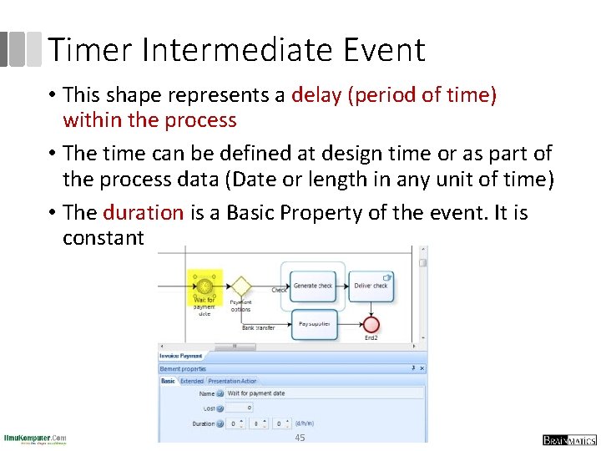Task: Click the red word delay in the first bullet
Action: pyautogui.click(x=316, y=95)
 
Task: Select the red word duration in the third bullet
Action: pyautogui.click(x=143, y=213)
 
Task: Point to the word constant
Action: pyautogui.click(x=104, y=238)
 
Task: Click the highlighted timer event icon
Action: pyautogui.click(x=205, y=286)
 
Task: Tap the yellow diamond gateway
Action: pyautogui.click(x=240, y=287)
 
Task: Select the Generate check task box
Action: pyautogui.click(x=312, y=286)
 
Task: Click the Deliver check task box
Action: pyautogui.click(x=371, y=286)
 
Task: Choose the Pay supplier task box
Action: pyautogui.click(x=314, y=324)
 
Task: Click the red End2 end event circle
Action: pyautogui.click(x=371, y=324)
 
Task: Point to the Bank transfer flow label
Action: pyautogui.click(x=259, y=328)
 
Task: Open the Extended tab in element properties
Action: pyautogui.click(x=192, y=381)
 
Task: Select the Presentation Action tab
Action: pyautogui.click(x=232, y=381)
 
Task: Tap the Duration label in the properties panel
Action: pyautogui.click(x=203, y=424)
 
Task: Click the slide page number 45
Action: pyautogui.click(x=300, y=438)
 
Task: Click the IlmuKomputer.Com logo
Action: pyautogui.click(x=35, y=439)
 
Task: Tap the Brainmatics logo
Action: pyautogui.click(x=569, y=440)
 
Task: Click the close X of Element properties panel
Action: pyautogui.click(x=422, y=368)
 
